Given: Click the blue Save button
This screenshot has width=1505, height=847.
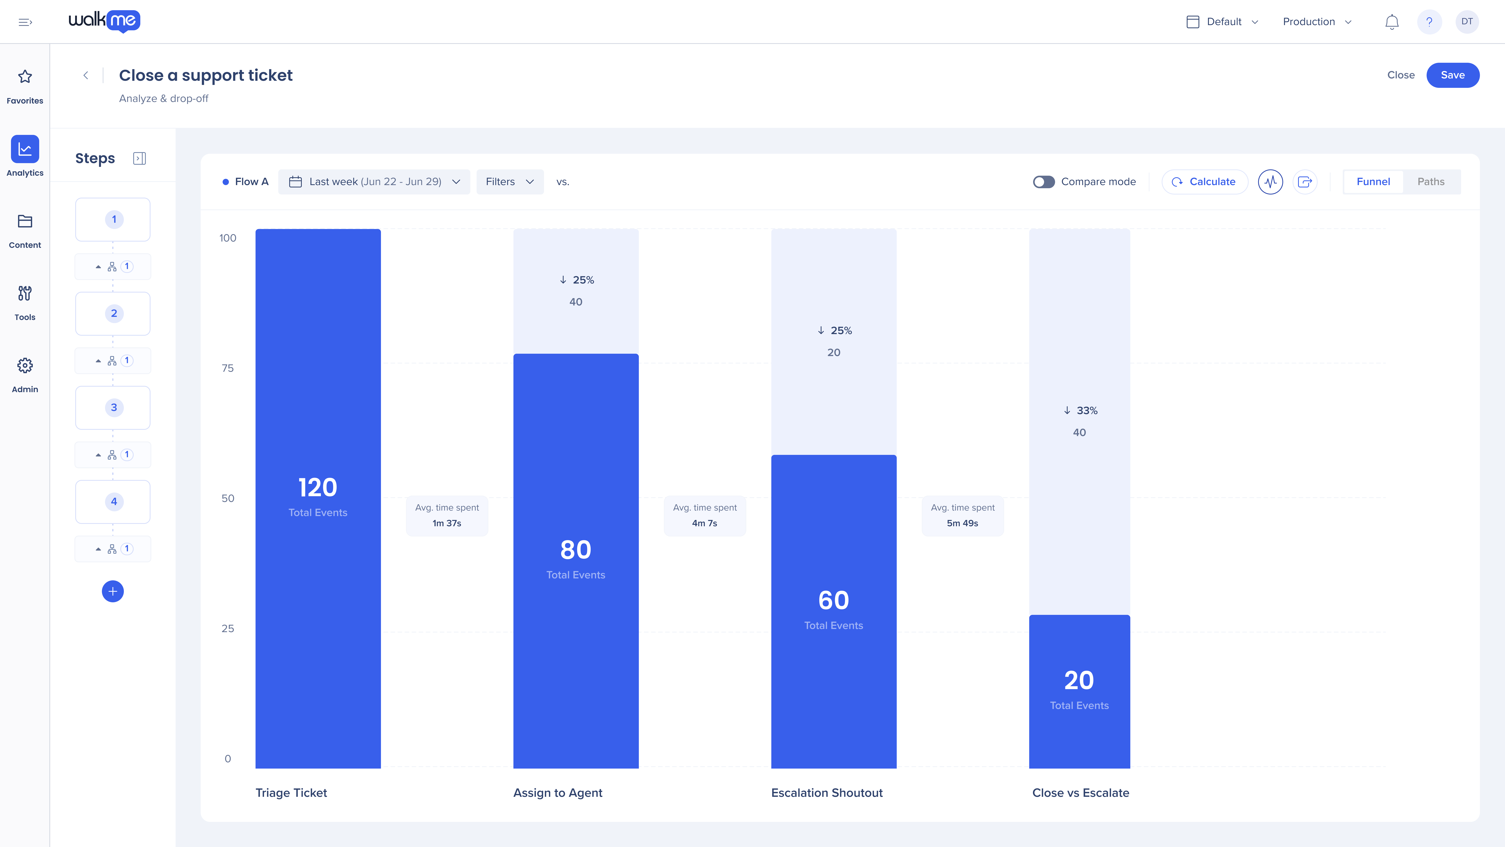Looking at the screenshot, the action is point(1452,75).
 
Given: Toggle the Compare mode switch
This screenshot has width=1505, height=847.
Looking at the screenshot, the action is point(1044,182).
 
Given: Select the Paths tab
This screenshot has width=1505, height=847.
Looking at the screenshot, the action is point(1431,182).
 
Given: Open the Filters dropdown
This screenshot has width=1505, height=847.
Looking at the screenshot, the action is point(510,182).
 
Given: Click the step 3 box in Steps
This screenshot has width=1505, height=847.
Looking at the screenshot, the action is point(113,407).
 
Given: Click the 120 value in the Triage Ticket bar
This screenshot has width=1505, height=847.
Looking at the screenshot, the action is point(318,487).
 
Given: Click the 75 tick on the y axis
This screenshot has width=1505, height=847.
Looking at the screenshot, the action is point(228,368).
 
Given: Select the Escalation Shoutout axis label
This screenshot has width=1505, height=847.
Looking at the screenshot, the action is point(827,793).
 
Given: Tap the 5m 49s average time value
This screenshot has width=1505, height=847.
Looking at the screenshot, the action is point(962,523).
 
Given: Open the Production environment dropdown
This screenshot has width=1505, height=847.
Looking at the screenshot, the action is point(1317,22).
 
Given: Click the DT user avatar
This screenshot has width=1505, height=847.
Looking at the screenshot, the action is point(1466,22).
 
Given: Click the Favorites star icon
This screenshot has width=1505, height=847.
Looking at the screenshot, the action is point(24,77).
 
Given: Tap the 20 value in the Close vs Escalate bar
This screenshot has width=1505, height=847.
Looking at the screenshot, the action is point(1079,680).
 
